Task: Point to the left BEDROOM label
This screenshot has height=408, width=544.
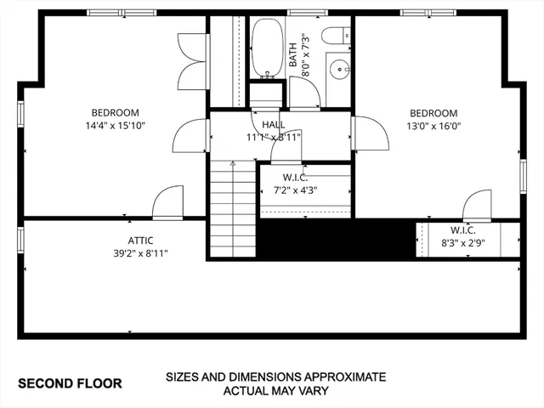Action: (x=115, y=112)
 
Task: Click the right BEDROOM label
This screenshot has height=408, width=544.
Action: (x=433, y=113)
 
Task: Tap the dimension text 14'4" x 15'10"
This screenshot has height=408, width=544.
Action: (x=115, y=127)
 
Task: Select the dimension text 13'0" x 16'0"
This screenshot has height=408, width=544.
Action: (x=433, y=127)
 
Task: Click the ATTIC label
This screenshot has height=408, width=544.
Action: (x=141, y=240)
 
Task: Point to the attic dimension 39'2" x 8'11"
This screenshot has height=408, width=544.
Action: (x=141, y=253)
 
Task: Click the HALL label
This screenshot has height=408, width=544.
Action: (x=273, y=125)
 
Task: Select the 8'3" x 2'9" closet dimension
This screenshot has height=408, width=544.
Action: (x=462, y=242)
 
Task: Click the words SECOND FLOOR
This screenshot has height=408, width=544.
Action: (x=70, y=383)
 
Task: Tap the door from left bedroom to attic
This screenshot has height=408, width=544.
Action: (x=167, y=204)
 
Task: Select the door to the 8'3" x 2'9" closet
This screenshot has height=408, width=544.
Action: (x=477, y=207)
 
